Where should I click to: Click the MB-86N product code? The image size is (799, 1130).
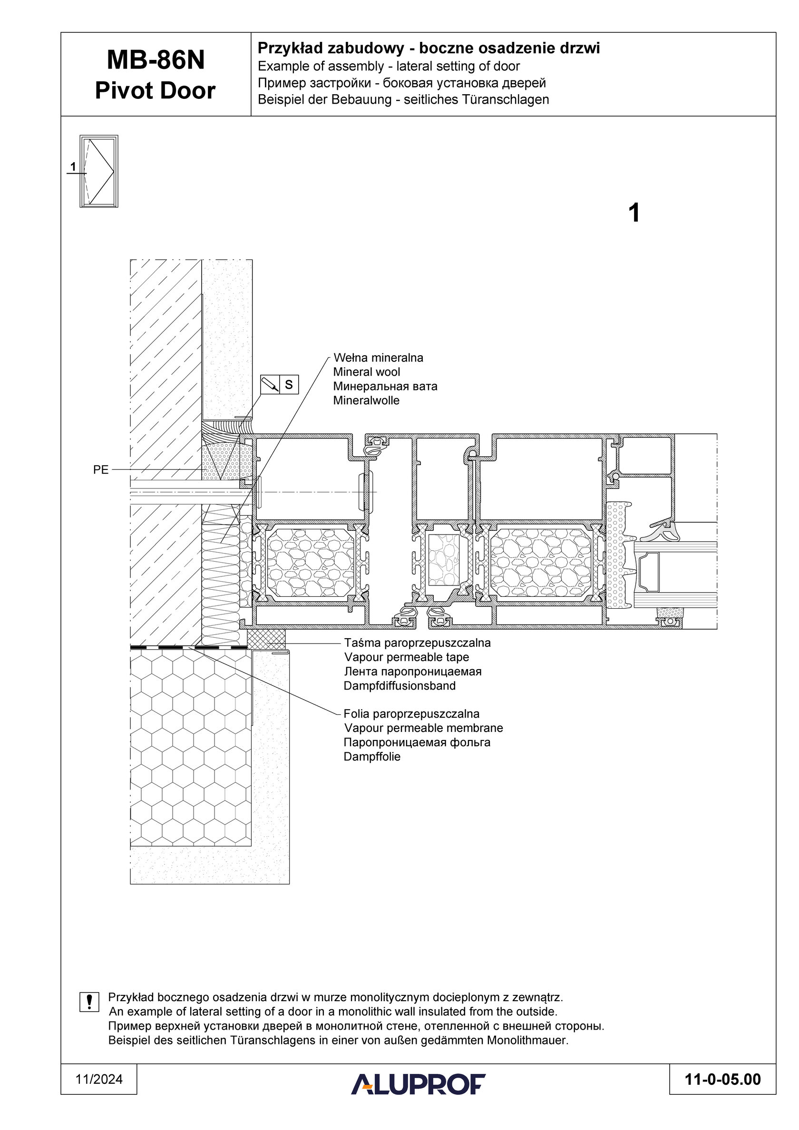[155, 60]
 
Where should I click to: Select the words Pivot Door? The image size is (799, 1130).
[155, 90]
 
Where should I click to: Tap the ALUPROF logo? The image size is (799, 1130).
[418, 1084]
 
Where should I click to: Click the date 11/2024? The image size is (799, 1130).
[99, 1079]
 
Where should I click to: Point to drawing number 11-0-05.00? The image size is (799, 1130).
[723, 1079]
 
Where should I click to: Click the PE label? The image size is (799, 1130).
[100, 470]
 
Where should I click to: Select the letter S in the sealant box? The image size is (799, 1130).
[289, 384]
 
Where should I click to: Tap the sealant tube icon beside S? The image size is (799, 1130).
[270, 384]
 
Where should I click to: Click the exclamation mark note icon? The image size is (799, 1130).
[89, 1002]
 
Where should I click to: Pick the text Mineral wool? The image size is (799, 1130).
[366, 372]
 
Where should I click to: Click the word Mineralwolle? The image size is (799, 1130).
[366, 400]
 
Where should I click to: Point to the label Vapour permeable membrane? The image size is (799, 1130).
[423, 728]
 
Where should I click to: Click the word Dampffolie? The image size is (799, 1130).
[372, 757]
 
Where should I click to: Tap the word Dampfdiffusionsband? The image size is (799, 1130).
[400, 686]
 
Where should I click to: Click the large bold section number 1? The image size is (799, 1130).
[634, 213]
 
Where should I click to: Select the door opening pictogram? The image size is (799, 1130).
[99, 171]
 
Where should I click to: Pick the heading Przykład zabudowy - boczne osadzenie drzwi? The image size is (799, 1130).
[429, 48]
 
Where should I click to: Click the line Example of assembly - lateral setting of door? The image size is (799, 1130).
[389, 67]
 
